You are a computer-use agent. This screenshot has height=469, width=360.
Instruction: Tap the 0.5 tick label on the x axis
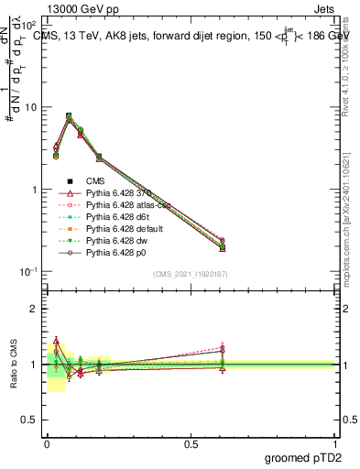[191, 442]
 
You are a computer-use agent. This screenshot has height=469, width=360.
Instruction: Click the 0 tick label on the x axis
[47, 442]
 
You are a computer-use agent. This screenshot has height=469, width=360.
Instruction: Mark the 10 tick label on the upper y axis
[30, 107]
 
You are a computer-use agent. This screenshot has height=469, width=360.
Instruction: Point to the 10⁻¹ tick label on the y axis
[27, 272]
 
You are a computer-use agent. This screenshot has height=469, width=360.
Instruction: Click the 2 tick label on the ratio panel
[34, 309]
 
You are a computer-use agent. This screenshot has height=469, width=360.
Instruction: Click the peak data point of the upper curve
[69, 116]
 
